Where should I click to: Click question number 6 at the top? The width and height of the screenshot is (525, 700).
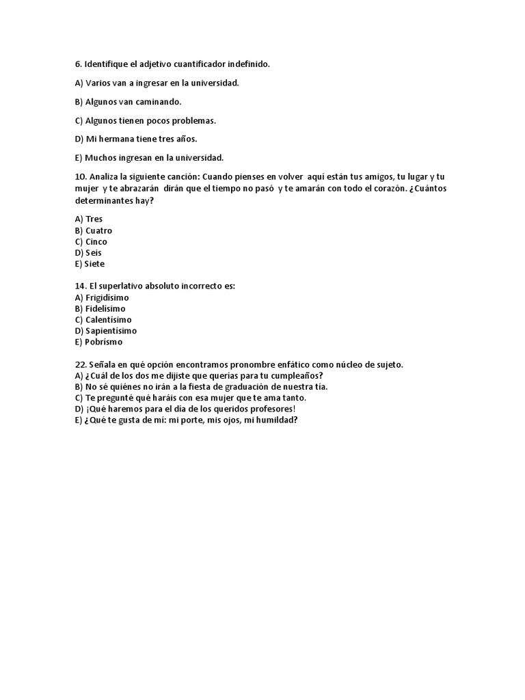point(78,64)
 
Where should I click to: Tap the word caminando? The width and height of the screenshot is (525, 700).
point(159,102)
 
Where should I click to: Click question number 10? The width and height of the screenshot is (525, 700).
point(80,176)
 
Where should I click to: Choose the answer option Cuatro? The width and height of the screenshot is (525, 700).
point(98,230)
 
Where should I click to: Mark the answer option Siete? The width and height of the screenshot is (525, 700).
point(95,264)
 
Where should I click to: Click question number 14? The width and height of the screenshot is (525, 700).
point(80,286)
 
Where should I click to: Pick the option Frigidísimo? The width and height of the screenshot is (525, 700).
point(107,298)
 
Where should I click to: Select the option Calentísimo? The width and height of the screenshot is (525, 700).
point(108,320)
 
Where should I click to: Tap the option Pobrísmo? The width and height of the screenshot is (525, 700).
point(104,342)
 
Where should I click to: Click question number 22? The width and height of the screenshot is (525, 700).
point(80,365)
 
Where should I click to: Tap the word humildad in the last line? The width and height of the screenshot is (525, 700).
point(273,420)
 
